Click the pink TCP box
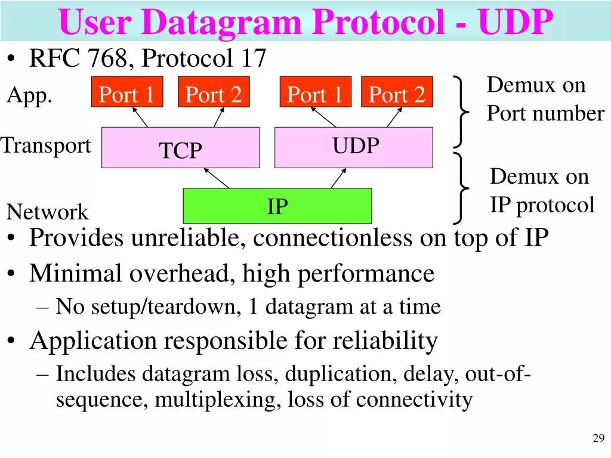180,147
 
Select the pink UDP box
353,147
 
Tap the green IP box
277,206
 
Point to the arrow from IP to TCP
217,178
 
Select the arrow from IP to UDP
339,178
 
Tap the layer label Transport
46,146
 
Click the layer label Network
47,212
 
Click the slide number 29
598,439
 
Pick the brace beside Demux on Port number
460,112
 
